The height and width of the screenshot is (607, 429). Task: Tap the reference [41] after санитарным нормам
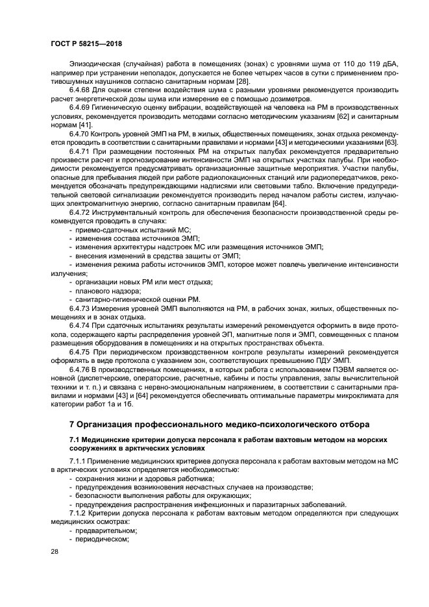84,124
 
